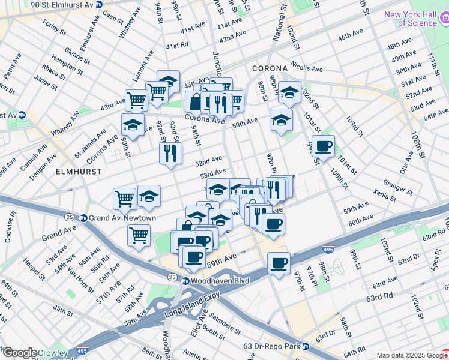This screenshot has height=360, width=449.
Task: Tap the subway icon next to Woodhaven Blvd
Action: (186, 281)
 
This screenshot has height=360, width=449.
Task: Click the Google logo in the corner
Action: (19, 353)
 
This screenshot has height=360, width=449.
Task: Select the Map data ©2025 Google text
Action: (412, 355)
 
